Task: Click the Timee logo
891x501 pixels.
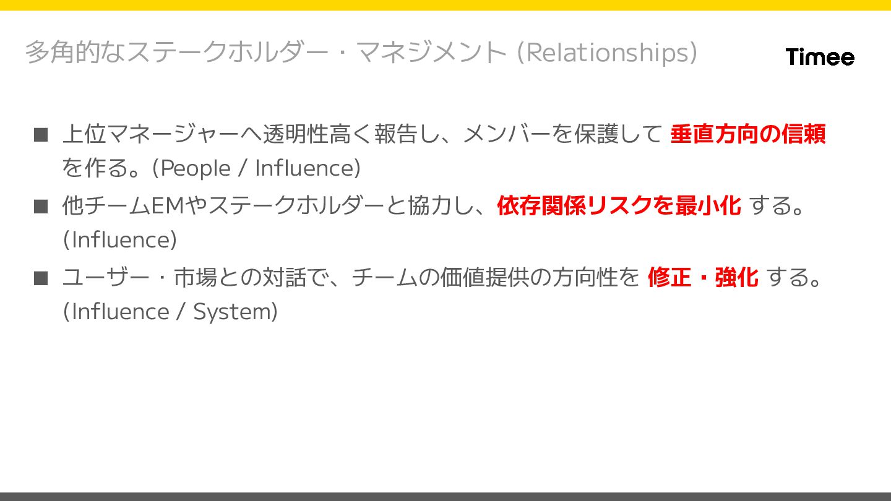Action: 820,57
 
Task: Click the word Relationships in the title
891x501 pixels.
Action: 609,53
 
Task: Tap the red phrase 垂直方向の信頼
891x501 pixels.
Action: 747,134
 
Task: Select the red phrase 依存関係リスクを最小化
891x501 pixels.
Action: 618,205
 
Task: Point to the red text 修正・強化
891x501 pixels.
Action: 703,277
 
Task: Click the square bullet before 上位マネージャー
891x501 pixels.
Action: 41,134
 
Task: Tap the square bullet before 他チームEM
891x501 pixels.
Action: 41,206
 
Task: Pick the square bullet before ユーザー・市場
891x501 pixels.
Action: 41,278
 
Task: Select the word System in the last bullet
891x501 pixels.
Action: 231,312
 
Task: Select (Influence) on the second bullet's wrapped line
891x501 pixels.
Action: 120,240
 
